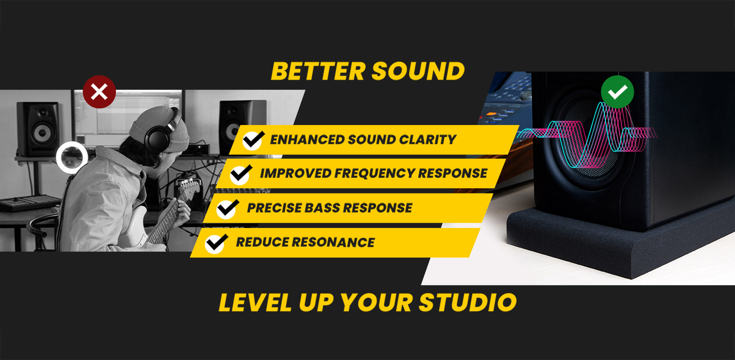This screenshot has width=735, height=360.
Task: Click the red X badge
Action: tap(99, 92)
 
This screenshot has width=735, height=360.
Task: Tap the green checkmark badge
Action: tap(617, 92)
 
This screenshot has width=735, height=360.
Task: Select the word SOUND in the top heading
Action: tap(419, 71)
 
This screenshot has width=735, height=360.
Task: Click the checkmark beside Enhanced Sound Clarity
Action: tap(253, 140)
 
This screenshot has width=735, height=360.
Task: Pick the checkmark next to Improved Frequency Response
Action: tap(241, 174)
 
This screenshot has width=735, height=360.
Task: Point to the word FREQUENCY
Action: tap(374, 173)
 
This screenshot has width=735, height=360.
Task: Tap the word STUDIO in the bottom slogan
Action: tap(467, 303)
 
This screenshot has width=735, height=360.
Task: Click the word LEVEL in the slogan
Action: tap(255, 303)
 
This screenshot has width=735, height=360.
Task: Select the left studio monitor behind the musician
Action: tap(37, 129)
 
